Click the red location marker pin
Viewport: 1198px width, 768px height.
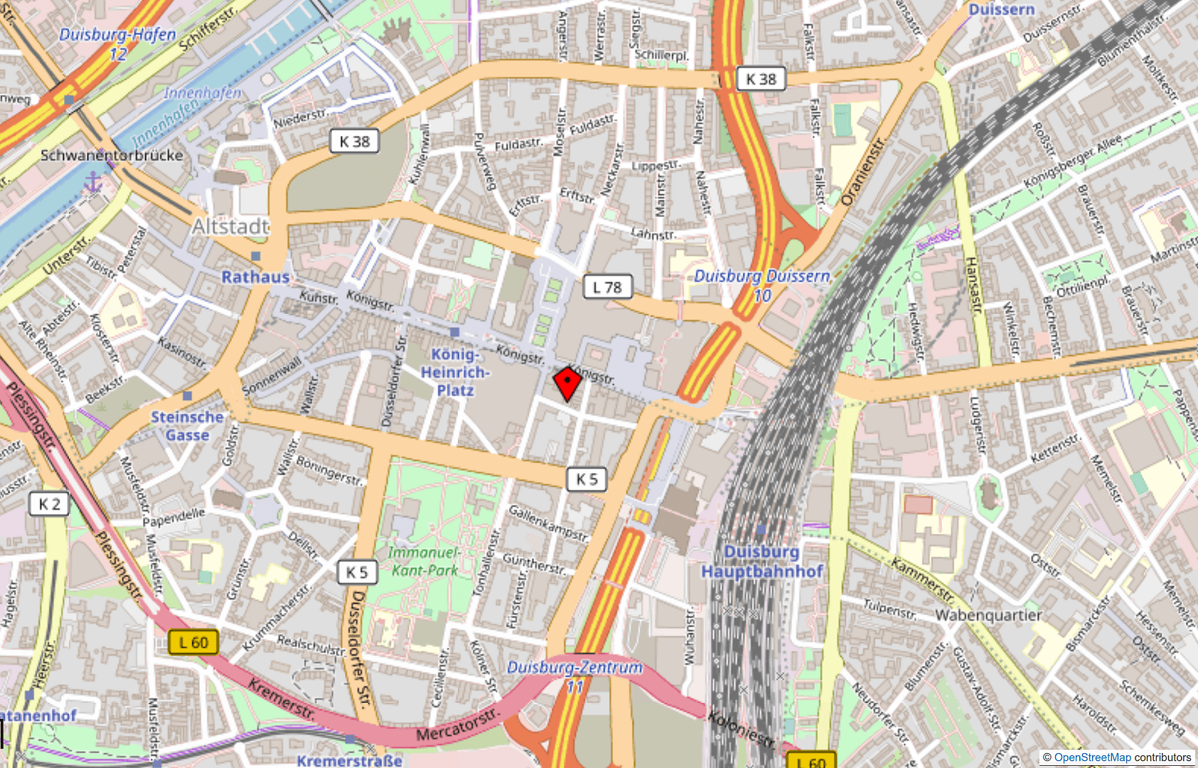point(567,383)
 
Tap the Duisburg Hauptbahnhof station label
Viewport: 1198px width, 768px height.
point(762,562)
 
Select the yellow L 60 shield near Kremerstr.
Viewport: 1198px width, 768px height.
point(193,643)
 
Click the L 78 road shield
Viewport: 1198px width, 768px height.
point(606,287)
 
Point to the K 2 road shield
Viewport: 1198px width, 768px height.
point(49,504)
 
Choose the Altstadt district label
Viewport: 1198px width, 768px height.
point(231,227)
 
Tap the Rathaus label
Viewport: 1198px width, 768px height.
point(255,277)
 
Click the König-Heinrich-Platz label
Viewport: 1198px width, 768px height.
point(455,372)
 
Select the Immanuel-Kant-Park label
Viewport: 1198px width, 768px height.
point(424,561)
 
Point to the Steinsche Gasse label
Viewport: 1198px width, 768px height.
point(187,426)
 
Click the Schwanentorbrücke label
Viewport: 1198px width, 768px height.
point(112,155)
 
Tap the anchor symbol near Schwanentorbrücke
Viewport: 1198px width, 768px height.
point(93,183)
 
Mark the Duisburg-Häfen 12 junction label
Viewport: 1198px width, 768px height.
point(117,43)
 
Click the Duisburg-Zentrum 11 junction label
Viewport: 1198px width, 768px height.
point(574,676)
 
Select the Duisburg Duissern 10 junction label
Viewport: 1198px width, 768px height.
point(762,285)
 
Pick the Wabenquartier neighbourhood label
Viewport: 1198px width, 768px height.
point(988,615)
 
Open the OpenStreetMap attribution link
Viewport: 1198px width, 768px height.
point(1092,757)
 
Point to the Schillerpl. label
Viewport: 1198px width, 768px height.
point(661,55)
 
